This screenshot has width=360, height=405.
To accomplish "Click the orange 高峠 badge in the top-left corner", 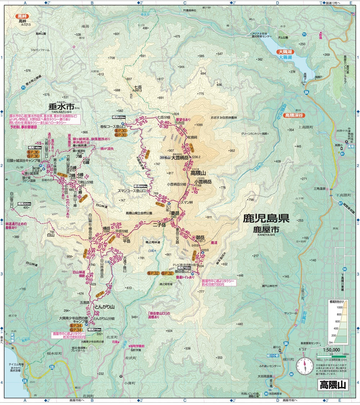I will click(x=22, y=16).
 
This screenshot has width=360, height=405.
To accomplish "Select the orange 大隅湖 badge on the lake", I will click(x=286, y=52).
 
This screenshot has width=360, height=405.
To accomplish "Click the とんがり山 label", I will click(x=104, y=307).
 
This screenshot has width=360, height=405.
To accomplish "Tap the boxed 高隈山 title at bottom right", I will click(x=332, y=384).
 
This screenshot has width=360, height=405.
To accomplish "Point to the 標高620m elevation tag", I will click(x=118, y=117).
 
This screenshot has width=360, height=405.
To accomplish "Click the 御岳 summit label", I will click(x=201, y=237).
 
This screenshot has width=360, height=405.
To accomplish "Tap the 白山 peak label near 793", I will click(x=50, y=235).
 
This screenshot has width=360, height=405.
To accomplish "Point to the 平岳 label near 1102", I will click(x=126, y=241).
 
